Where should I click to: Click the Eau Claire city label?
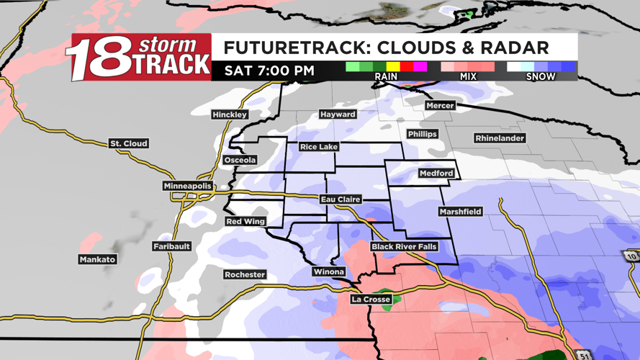(341, 199)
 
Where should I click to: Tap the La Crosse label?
(371, 300)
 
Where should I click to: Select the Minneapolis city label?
(188, 186)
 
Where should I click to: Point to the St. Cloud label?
(129, 144)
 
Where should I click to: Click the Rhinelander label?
(500, 138)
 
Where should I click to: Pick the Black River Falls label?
(404, 247)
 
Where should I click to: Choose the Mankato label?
(97, 260)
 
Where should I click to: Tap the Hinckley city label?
(230, 115)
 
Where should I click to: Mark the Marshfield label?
(461, 212)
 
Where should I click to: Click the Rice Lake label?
(319, 148)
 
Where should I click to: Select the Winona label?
(328, 272)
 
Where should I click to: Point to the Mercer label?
(439, 106)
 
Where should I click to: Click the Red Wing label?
(245, 222)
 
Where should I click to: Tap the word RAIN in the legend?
(386, 76)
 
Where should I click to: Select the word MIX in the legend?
(468, 76)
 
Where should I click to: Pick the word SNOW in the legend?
(541, 76)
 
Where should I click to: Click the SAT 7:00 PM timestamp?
(269, 71)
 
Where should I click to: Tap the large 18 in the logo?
(100, 60)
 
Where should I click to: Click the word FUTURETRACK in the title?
(296, 48)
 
